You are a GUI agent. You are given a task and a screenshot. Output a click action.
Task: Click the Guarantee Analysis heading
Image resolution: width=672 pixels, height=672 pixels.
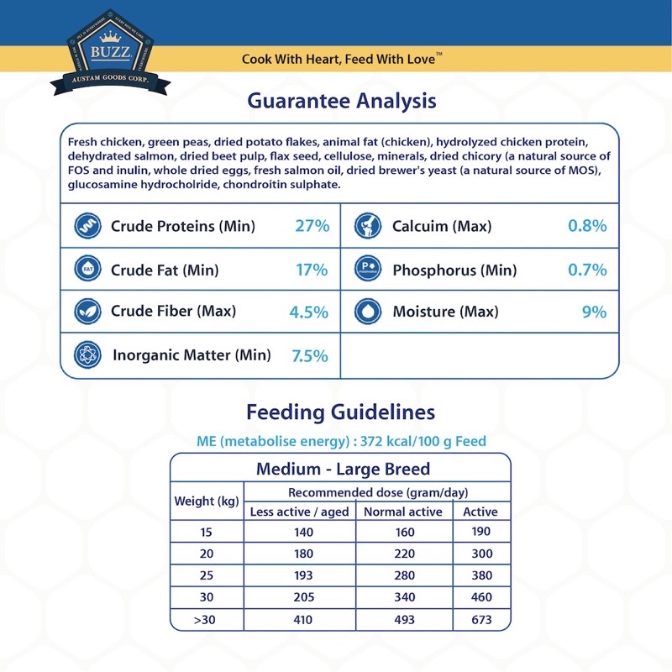[x=341, y=101]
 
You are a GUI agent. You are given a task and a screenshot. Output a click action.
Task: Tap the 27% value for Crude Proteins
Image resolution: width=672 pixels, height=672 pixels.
[x=312, y=226]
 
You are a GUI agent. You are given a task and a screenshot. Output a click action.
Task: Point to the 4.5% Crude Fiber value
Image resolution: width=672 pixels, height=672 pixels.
[x=308, y=312]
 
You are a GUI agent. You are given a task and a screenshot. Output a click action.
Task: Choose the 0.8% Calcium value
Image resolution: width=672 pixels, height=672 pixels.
[x=587, y=226]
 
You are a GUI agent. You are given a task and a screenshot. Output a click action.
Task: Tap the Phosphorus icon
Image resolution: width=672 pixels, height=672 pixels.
[x=369, y=270]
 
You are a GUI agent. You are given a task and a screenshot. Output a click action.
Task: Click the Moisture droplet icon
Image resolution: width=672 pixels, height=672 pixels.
[x=369, y=312]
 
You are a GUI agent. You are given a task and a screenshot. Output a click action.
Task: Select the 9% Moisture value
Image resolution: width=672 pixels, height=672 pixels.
[x=594, y=312]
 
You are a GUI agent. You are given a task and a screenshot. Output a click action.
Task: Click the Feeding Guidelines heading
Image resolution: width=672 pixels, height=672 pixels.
[x=340, y=412]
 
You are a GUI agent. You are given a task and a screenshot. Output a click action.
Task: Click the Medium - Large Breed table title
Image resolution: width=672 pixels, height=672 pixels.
[x=343, y=469]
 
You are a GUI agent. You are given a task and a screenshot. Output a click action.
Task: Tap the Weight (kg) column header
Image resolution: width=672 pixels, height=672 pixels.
[x=207, y=501]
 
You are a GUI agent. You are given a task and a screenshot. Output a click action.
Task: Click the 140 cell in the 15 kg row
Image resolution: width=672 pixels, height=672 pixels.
[x=303, y=533]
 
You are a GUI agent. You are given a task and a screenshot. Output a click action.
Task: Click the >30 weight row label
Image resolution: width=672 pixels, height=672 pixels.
[x=207, y=620]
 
